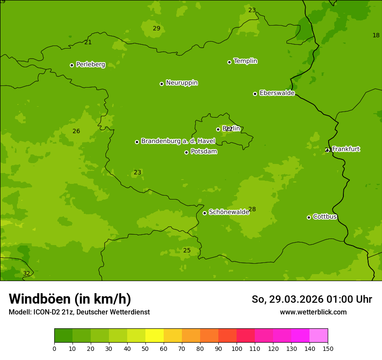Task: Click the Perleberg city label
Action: (x=90, y=65)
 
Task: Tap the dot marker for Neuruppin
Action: (x=161, y=84)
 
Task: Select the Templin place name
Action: (x=245, y=61)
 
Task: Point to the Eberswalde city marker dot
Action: (x=255, y=94)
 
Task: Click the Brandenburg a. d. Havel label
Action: (x=178, y=141)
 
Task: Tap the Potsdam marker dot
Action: (x=186, y=152)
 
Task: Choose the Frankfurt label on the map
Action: (x=346, y=149)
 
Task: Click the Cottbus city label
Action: (x=325, y=216)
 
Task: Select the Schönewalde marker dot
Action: (x=204, y=213)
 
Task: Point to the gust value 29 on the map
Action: (x=156, y=29)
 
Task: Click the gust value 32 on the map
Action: (x=26, y=274)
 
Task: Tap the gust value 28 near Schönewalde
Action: (x=252, y=209)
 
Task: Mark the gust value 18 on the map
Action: (x=376, y=35)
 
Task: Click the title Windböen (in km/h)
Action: (x=70, y=299)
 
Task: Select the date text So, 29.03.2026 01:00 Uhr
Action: (x=312, y=299)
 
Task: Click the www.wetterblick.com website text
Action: (x=313, y=312)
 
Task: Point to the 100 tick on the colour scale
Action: (x=237, y=348)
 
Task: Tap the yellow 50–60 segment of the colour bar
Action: (x=155, y=336)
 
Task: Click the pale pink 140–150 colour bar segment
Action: (x=319, y=336)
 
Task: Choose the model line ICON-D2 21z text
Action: (x=79, y=312)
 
